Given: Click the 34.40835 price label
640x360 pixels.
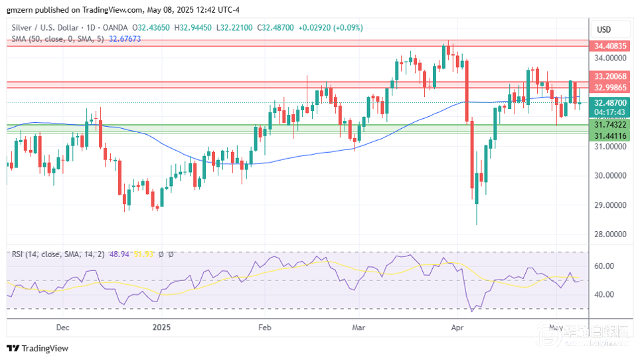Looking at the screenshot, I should click(x=610, y=46).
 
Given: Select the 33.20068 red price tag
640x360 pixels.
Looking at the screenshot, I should click(x=610, y=76).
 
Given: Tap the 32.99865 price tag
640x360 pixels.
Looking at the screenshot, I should click(x=610, y=88).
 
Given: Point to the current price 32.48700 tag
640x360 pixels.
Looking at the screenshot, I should click(x=610, y=103).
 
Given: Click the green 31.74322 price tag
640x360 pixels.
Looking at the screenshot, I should click(x=610, y=125).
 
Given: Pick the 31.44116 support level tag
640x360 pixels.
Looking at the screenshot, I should click(x=610, y=135).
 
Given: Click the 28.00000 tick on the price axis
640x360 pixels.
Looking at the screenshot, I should click(x=610, y=234).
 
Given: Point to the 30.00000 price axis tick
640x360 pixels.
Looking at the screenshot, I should click(x=610, y=176).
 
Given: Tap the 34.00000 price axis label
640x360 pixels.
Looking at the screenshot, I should click(x=610, y=58).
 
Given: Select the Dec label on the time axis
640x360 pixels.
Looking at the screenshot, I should click(x=62, y=327).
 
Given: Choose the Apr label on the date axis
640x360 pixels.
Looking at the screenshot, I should click(x=457, y=327).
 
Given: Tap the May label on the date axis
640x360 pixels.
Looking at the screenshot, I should click(x=556, y=327).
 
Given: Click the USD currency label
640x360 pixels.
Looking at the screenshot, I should click(x=603, y=30).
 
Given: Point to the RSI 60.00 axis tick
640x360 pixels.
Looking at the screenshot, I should click(x=605, y=266).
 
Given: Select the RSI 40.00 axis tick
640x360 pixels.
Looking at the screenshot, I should click(x=605, y=294).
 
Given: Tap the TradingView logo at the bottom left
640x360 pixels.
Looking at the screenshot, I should click(x=38, y=348).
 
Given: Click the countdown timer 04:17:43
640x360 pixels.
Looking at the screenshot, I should click(x=610, y=112).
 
